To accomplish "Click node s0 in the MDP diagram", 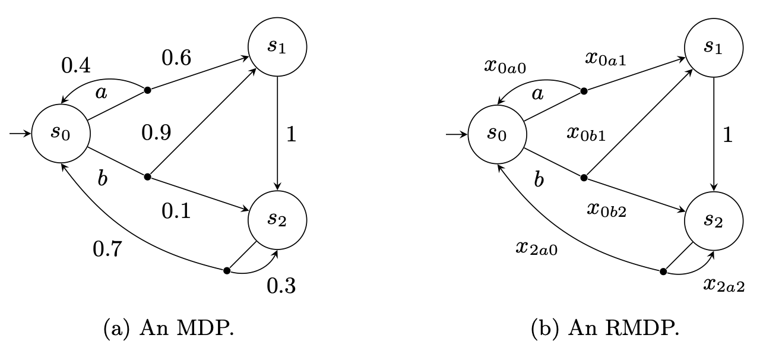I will [61, 133].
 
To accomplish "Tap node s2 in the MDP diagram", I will [278, 220].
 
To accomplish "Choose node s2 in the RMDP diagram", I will [714, 220].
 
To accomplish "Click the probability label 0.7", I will [108, 248].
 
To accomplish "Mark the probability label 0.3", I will [281, 287].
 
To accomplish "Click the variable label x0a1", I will [606, 59].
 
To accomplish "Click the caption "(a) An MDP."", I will [168, 329].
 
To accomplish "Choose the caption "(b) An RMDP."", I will [604, 329].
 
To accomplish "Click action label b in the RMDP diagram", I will [539, 179].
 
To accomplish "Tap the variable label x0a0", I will [505, 66].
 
